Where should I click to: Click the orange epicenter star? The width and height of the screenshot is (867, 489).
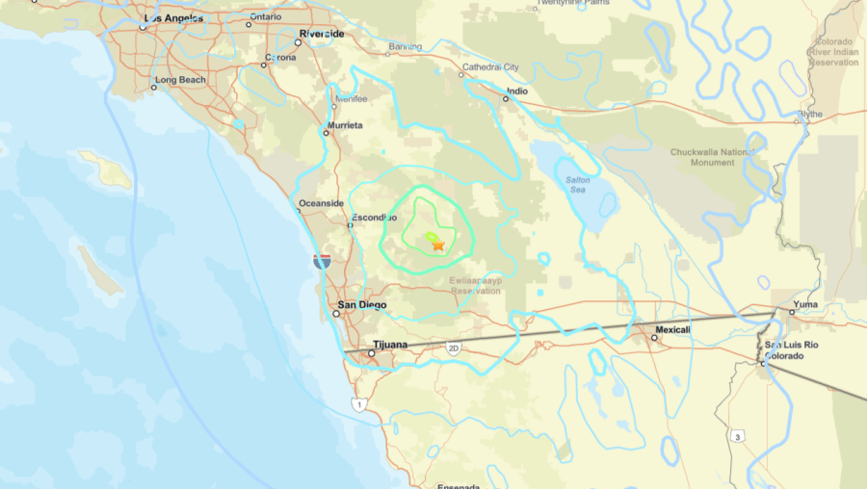point(438,245)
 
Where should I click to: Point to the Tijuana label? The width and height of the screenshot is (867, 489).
point(390,345)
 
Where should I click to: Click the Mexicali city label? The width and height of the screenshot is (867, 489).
point(673,330)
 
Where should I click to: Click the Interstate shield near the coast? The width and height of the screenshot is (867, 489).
point(322,261)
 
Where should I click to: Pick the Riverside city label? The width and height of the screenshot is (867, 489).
point(322,34)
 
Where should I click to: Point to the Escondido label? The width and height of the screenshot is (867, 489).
point(374,218)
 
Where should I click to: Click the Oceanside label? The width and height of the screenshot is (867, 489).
point(322,203)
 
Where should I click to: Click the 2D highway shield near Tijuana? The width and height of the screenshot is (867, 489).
point(454,348)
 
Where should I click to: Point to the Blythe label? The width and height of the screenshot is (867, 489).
point(811,114)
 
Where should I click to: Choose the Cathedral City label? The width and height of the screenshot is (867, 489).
point(490,67)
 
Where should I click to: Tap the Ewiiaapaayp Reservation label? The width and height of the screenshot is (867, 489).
point(476,284)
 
